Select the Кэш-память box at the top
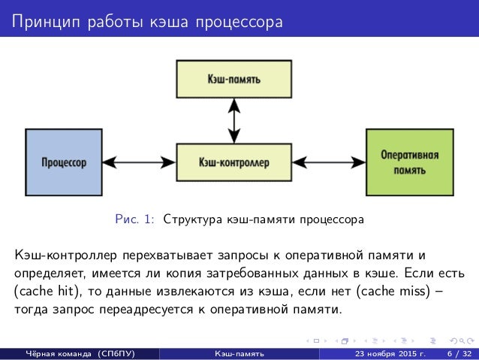(234, 78)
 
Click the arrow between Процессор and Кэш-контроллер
(139, 162)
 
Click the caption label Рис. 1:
(135, 220)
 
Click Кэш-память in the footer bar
(239, 352)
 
